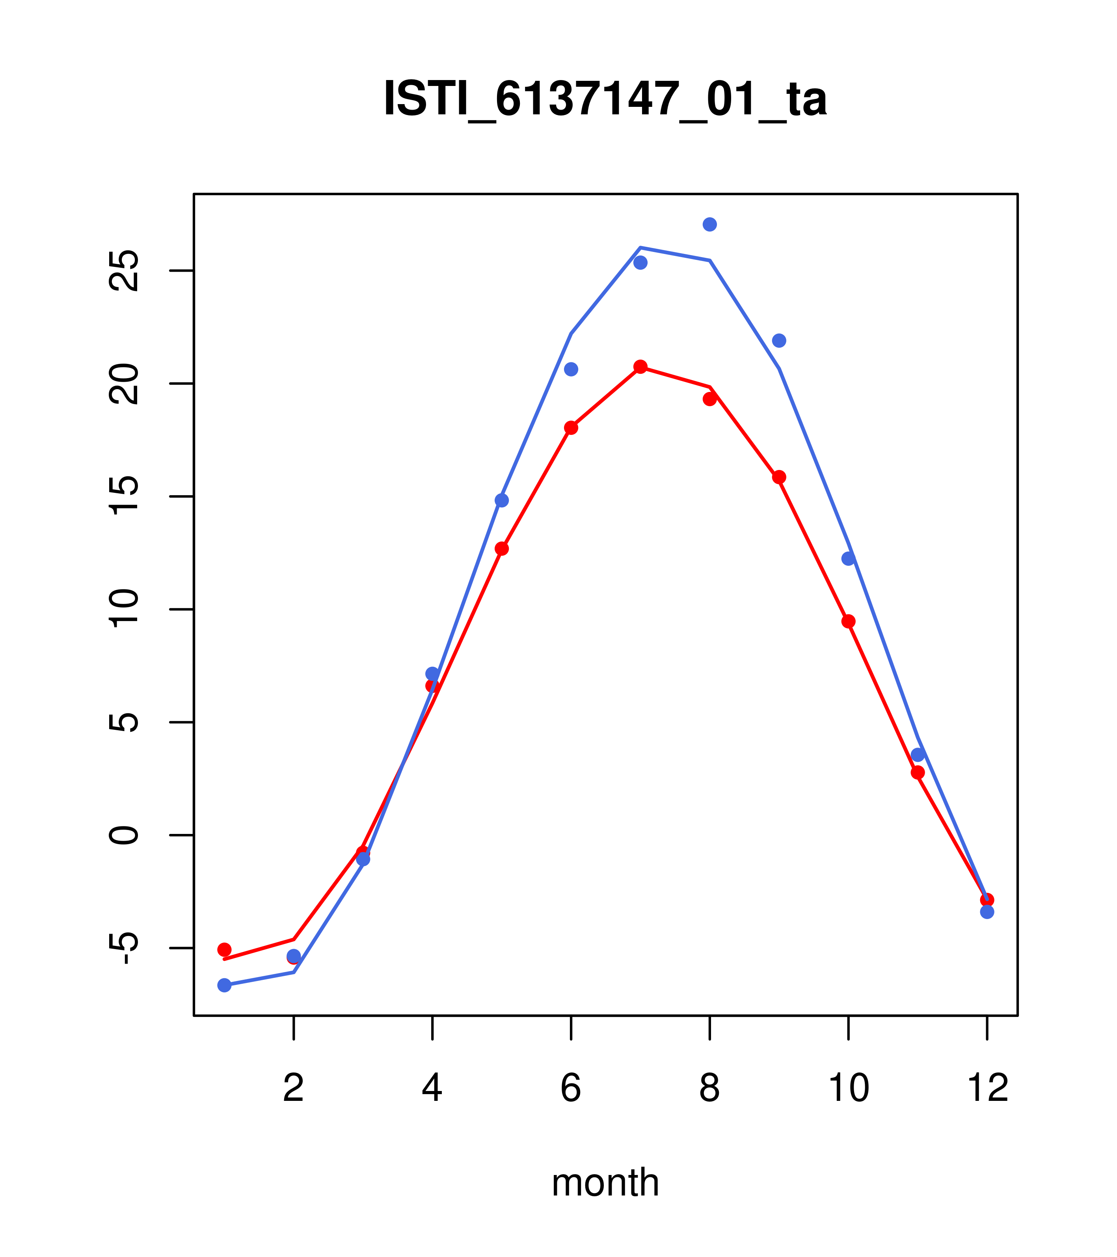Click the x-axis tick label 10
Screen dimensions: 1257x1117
848,1089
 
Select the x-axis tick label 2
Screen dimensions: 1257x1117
294,1089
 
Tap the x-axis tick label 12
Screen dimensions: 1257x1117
987,1089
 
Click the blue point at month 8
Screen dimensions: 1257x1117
709,224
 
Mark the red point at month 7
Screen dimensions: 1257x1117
640,367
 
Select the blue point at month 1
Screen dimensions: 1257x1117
224,985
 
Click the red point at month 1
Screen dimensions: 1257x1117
224,949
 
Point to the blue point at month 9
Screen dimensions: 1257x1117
779,341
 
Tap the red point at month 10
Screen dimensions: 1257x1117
848,621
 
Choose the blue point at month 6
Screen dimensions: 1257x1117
571,369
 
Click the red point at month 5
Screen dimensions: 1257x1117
502,548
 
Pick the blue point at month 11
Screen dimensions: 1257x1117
918,755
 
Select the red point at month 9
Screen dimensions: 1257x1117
779,477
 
